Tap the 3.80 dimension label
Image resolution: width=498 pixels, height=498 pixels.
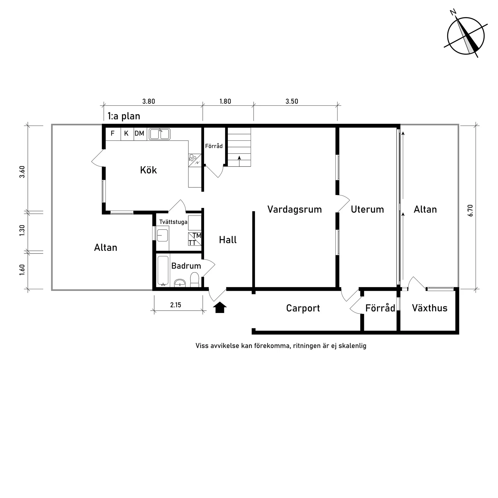coord(148,101)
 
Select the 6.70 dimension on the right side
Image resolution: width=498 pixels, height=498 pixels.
coord(471,210)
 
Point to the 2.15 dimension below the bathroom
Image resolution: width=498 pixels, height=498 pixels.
coord(175,305)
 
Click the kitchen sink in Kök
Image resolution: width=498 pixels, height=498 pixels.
coord(160,134)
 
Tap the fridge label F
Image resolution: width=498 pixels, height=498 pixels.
coord(113,133)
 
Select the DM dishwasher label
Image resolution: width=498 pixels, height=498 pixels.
coord(139,133)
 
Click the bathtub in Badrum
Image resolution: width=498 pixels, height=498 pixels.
coord(163,270)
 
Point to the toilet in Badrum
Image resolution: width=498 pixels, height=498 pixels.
coord(195,280)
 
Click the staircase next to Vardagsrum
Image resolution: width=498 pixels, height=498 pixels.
coord(239,147)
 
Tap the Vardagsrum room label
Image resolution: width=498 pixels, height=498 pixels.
coord(295,209)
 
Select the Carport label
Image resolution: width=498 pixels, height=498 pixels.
coord(303,308)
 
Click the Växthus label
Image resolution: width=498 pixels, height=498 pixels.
coord(429,308)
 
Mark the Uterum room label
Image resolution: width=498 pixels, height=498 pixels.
coord(367,209)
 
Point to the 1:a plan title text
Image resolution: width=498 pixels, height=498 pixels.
coord(124,116)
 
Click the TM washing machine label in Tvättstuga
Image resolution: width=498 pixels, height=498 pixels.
coord(197,235)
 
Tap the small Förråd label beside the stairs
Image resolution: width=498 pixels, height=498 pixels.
coord(214,146)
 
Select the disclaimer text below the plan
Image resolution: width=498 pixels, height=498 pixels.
coord(281,346)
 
